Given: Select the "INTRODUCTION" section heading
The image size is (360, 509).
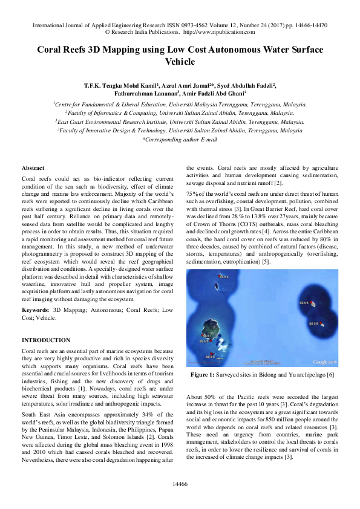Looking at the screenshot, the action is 46,340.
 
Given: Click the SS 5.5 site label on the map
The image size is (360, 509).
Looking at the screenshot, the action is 304,302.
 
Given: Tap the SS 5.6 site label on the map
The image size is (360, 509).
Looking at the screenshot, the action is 313,323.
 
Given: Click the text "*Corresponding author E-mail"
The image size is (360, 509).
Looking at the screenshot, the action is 179,139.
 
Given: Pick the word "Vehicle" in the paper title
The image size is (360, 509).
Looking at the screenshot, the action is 180,61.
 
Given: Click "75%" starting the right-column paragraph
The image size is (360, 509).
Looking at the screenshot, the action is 192,192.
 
